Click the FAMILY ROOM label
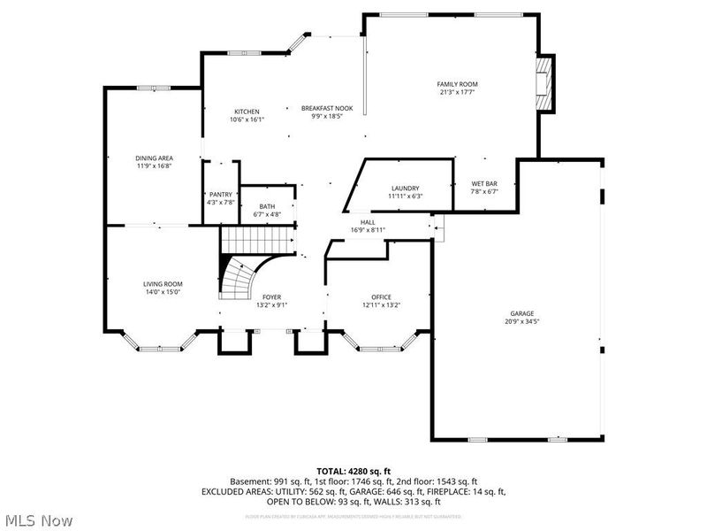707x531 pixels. click(458, 84)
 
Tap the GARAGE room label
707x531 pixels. click(521, 313)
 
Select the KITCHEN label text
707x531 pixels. click(247, 112)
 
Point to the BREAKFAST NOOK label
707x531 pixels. click(327, 108)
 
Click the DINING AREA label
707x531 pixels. click(154, 158)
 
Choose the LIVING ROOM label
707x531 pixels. click(163, 283)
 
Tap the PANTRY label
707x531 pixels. click(220, 195)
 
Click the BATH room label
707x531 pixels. click(267, 206)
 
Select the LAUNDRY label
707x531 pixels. click(406, 188)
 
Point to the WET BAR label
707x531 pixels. click(484, 183)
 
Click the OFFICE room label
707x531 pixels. click(381, 296)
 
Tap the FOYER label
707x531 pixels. click(271, 296)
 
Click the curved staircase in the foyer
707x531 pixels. click(237, 279)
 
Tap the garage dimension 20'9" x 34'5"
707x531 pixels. click(521, 321)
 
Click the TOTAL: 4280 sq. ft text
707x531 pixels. click(353, 470)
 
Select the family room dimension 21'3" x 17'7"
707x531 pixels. click(458, 92)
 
